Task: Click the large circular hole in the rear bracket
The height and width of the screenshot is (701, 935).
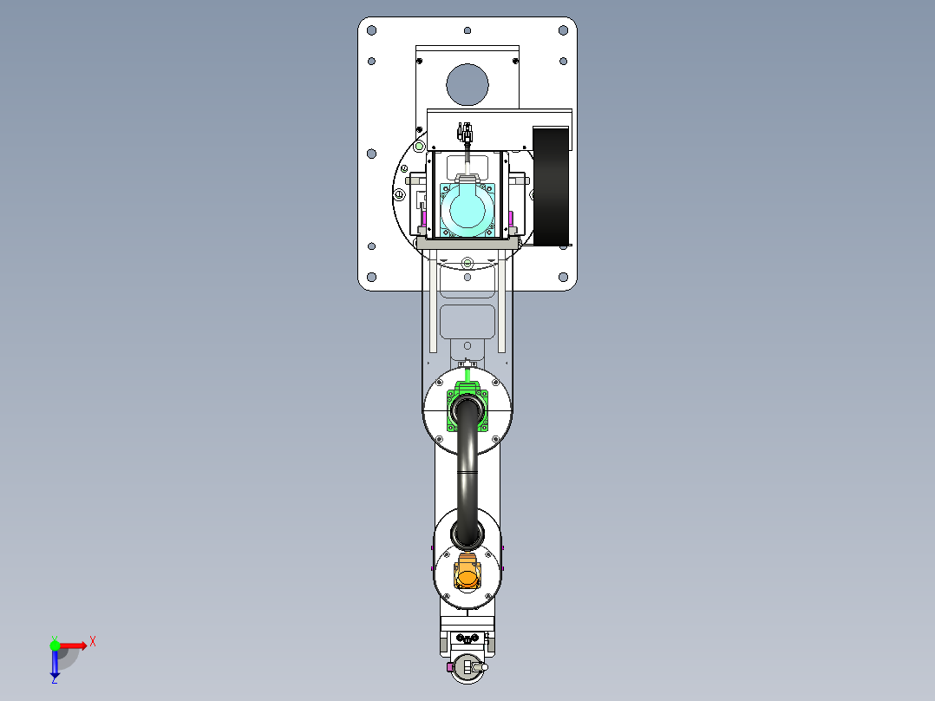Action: click(467, 84)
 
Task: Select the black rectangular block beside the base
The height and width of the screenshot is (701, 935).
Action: click(550, 185)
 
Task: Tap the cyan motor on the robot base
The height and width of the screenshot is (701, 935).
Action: click(467, 211)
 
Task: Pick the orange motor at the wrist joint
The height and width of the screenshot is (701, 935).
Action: click(467, 573)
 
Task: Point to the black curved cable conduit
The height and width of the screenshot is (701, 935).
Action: click(467, 468)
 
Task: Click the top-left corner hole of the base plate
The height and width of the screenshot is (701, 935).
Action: click(371, 30)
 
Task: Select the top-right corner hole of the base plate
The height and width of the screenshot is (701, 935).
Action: click(563, 30)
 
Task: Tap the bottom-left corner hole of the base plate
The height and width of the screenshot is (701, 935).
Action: click(371, 278)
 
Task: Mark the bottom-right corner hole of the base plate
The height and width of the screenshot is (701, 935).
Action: click(563, 278)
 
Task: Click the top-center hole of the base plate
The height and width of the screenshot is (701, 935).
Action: click(467, 30)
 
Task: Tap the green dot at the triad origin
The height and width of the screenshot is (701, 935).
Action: click(55, 645)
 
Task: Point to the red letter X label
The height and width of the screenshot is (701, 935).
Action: click(93, 641)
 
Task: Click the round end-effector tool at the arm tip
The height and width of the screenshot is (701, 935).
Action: click(467, 668)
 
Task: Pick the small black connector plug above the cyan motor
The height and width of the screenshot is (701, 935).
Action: click(467, 134)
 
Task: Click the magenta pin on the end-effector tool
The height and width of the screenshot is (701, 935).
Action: click(448, 668)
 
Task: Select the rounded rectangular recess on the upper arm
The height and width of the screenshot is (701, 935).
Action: click(467, 321)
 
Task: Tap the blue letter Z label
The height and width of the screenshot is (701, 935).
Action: click(54, 681)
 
